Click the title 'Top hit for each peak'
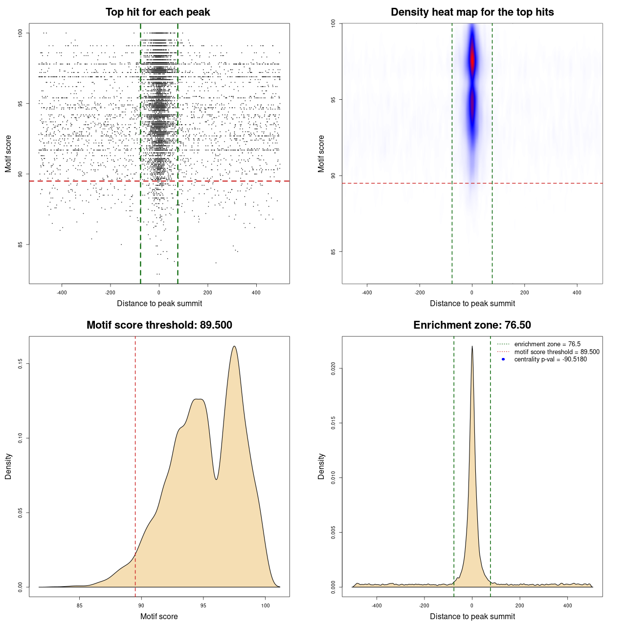pos(157,12)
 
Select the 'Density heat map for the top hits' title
pos(472,12)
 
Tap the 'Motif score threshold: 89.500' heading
pos(159,325)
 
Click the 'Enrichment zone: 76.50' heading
pos(472,325)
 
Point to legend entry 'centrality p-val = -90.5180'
pos(550,359)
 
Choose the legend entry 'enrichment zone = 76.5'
pos(547,344)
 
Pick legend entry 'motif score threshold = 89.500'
pos(557,352)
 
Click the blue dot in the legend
pos(503,359)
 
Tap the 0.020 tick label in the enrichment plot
pos(334,368)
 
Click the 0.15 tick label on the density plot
pos(21,364)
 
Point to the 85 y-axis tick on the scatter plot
pos(21,245)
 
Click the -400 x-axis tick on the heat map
pos(367,292)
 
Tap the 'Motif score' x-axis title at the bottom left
pos(159,616)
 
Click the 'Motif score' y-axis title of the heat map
pos(321,154)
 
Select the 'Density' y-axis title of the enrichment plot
pos(321,466)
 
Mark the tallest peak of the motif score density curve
pos(234,347)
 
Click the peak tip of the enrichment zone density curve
pos(472,347)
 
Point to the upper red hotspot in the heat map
pos(472,59)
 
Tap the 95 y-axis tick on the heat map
pos(334,100)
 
